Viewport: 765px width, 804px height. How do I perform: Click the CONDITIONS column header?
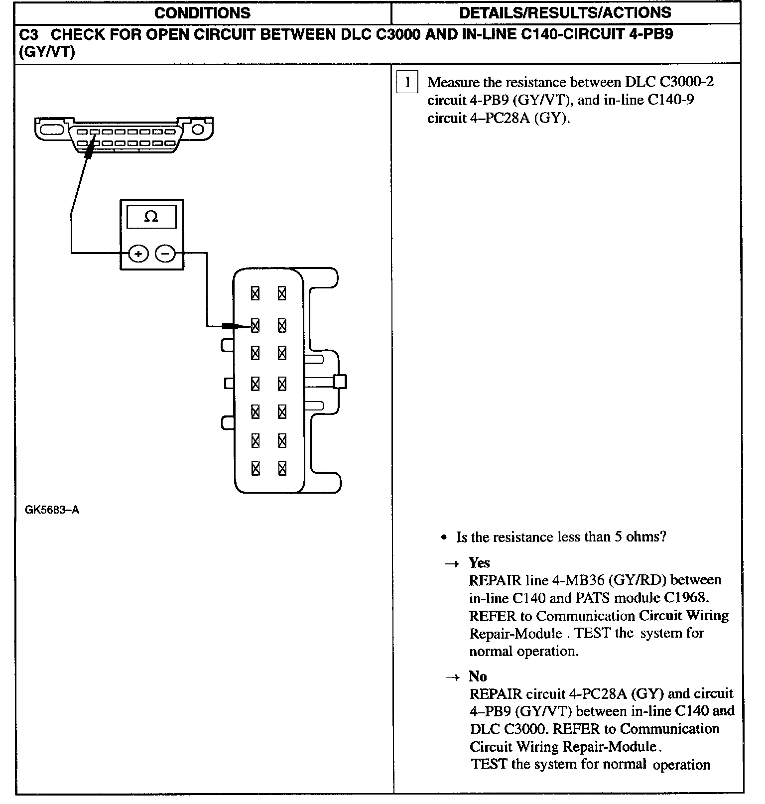(x=202, y=13)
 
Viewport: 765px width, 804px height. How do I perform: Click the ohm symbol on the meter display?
(x=151, y=217)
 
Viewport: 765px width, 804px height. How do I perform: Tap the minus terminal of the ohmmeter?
(x=165, y=254)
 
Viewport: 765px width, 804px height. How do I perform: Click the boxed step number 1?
(x=407, y=83)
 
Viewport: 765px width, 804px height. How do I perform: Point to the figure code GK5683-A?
(x=52, y=510)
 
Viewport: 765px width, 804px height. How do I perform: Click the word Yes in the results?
(x=479, y=563)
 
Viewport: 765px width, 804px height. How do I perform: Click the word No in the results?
(x=478, y=676)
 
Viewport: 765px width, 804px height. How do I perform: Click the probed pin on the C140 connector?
(x=255, y=326)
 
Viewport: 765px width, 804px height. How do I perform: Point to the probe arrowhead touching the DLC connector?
(x=89, y=149)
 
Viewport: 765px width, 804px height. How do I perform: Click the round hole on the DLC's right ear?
(x=198, y=130)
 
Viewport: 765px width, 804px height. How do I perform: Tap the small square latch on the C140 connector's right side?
(x=340, y=382)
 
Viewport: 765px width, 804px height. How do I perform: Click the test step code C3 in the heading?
(x=28, y=35)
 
